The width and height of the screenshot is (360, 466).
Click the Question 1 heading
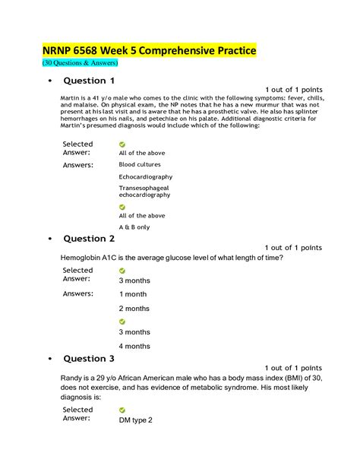(89, 81)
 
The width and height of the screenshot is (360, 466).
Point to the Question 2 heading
(89, 239)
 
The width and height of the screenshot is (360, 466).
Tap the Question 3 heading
(89, 358)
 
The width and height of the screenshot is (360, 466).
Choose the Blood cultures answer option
(141, 164)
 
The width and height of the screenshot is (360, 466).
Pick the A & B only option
(134, 227)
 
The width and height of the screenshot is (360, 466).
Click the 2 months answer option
(134, 308)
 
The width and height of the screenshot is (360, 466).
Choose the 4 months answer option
(134, 346)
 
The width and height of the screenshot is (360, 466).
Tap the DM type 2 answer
(136, 420)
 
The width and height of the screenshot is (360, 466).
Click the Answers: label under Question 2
(77, 293)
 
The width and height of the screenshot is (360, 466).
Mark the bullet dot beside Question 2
(49, 239)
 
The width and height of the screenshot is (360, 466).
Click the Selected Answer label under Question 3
(77, 413)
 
